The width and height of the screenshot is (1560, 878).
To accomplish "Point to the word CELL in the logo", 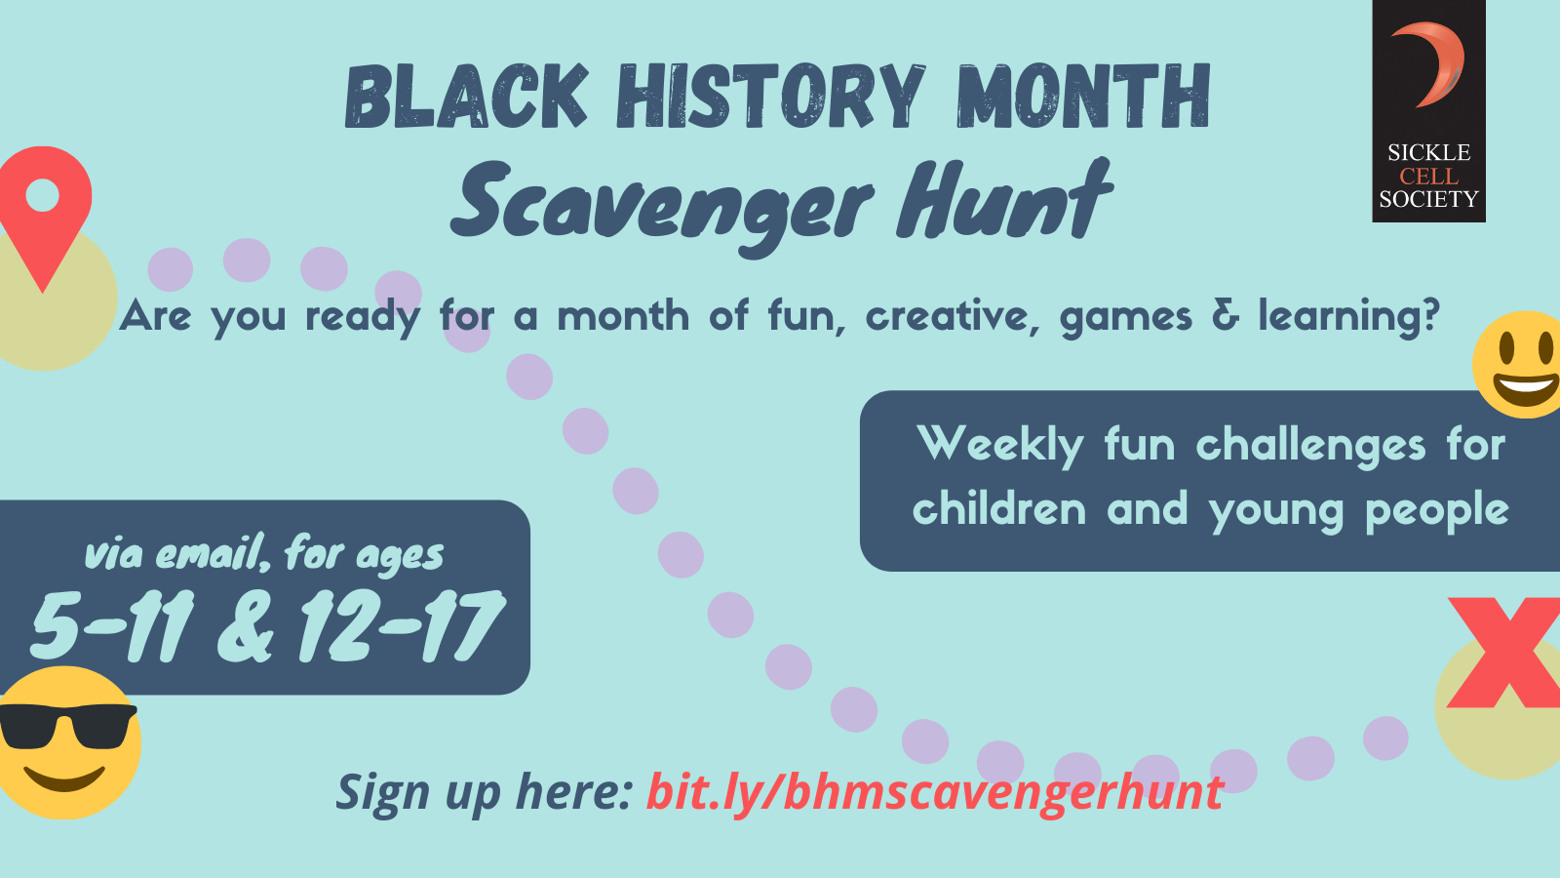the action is pyautogui.click(x=1429, y=176).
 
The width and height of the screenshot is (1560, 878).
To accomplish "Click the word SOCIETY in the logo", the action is pyautogui.click(x=1428, y=199).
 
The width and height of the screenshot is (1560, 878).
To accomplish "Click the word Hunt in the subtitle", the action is pyautogui.click(x=1003, y=199).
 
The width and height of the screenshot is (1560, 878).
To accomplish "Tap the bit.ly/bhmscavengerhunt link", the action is pyautogui.click(x=935, y=793).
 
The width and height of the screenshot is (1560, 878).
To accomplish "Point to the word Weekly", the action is pyautogui.click(x=1000, y=446).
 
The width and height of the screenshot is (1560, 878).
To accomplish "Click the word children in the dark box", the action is pyautogui.click(x=999, y=507).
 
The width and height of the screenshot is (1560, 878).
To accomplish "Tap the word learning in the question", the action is pyautogui.click(x=1348, y=318).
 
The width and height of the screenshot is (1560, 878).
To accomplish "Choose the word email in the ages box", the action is pyautogui.click(x=213, y=554).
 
